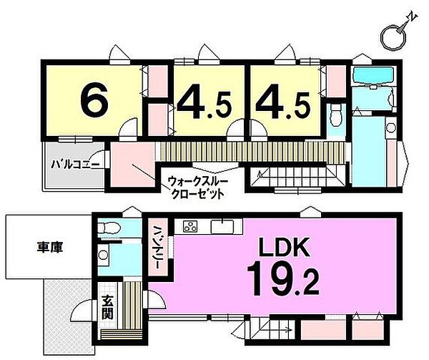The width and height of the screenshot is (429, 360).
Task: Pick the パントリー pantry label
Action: (x=157, y=248)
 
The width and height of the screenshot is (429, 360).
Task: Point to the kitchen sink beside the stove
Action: (x=224, y=228)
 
